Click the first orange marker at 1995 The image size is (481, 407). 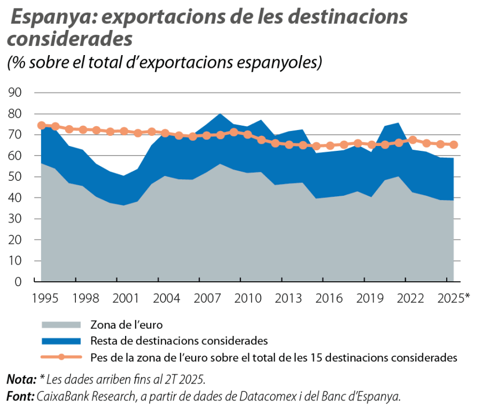click(x=41, y=125)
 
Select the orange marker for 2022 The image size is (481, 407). click(x=413, y=140)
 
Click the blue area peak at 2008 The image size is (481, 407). click(x=220, y=114)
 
